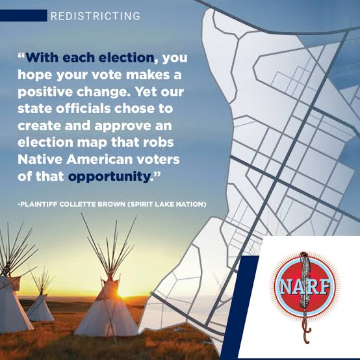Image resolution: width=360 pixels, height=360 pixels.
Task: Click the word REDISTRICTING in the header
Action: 96,16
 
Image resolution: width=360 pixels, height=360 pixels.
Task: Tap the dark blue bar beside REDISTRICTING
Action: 23,16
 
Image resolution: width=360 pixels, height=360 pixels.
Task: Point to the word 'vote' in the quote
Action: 107,75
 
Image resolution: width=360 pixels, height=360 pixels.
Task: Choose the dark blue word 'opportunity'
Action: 109,177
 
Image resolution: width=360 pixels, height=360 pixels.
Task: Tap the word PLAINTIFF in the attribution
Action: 38,204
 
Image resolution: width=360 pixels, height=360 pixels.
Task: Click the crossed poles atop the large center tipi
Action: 109,250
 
